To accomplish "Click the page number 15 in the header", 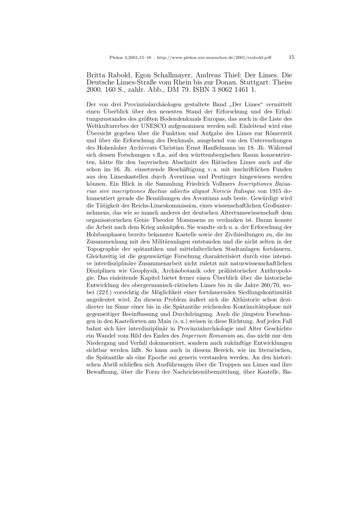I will tap(291, 57).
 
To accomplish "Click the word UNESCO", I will tap(161, 118).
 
